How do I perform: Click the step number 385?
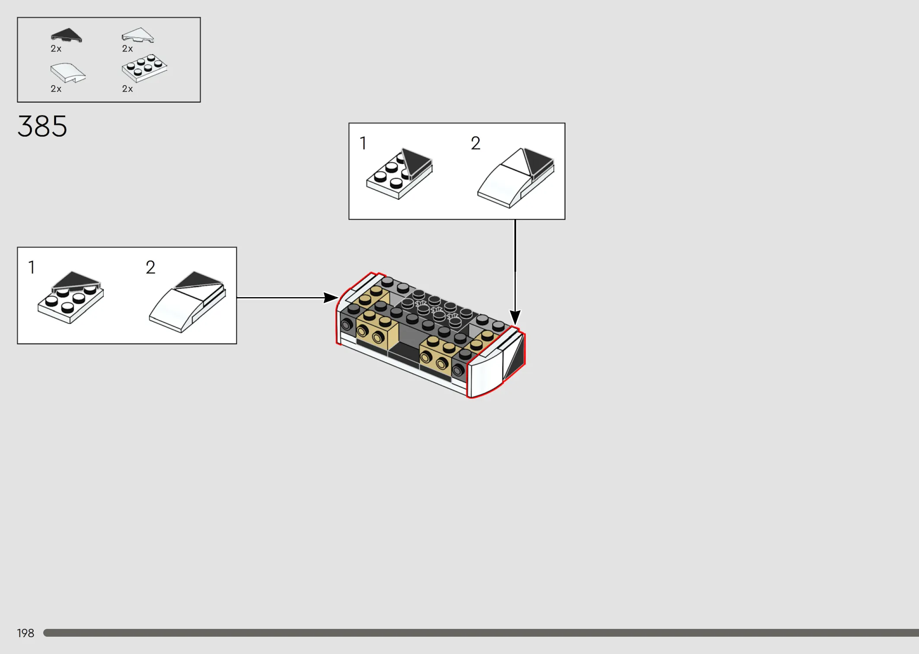click(42, 126)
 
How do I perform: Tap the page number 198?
click(26, 633)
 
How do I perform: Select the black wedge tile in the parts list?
click(67, 35)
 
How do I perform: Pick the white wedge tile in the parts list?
click(138, 35)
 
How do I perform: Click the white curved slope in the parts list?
click(68, 73)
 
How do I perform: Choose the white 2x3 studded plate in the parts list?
click(144, 68)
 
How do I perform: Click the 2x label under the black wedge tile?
click(56, 48)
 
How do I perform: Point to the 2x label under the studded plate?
click(128, 89)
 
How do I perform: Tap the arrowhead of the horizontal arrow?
click(332, 298)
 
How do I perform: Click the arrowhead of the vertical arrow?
click(515, 318)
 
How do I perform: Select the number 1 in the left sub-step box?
click(32, 267)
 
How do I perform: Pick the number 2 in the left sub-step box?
click(150, 267)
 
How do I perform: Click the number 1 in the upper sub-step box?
click(363, 143)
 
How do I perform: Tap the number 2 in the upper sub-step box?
click(475, 143)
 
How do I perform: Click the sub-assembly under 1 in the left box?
click(71, 298)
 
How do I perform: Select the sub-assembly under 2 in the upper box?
click(516, 178)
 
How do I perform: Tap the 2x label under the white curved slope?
click(56, 89)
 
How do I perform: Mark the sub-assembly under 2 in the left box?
click(188, 302)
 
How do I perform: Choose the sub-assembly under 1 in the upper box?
click(399, 173)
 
